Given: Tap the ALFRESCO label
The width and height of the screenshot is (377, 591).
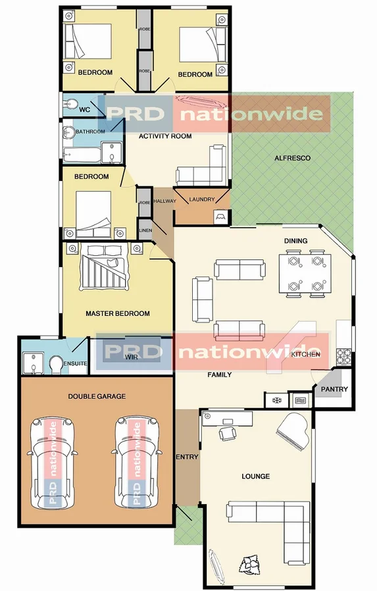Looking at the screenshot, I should pyautogui.click(x=292, y=159).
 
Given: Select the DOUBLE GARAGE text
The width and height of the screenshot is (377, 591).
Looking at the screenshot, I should pyautogui.click(x=97, y=396).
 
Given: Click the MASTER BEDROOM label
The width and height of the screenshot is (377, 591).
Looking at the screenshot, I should pyautogui.click(x=118, y=313).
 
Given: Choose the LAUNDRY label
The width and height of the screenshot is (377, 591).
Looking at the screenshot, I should pyautogui.click(x=202, y=200).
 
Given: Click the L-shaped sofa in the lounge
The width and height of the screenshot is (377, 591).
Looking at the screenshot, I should pyautogui.click(x=276, y=520).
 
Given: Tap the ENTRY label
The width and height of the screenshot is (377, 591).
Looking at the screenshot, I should pyautogui.click(x=187, y=457).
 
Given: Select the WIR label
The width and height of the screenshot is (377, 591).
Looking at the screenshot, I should pyautogui.click(x=131, y=357).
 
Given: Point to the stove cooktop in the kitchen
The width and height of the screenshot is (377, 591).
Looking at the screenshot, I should pyautogui.click(x=344, y=356).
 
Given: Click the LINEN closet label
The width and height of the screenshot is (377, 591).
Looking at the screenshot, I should pyautogui.click(x=145, y=230).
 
